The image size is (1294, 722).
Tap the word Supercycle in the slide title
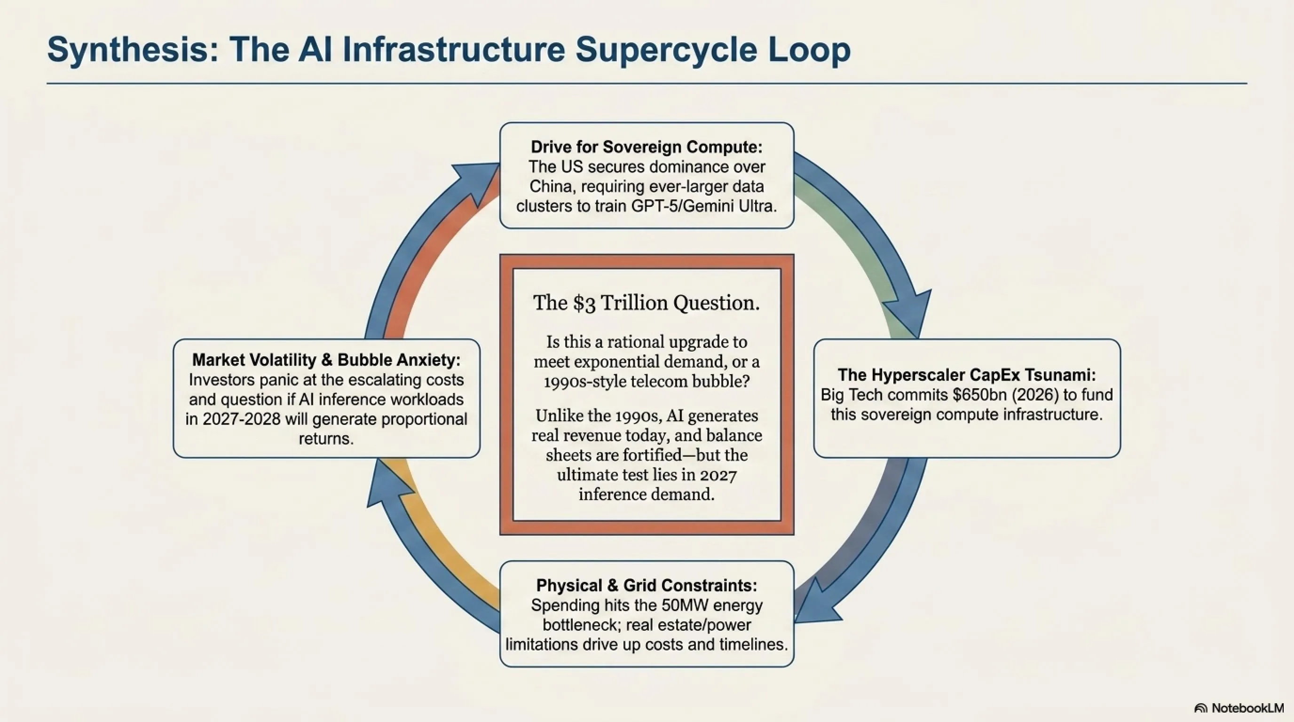663,50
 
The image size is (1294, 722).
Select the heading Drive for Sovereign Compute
647,147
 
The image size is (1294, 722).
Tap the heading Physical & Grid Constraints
647,585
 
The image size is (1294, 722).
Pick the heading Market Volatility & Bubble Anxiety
326,360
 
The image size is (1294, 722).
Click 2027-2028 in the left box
242,419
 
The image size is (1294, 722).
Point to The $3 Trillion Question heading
647,303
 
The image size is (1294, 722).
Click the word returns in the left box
326,439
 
